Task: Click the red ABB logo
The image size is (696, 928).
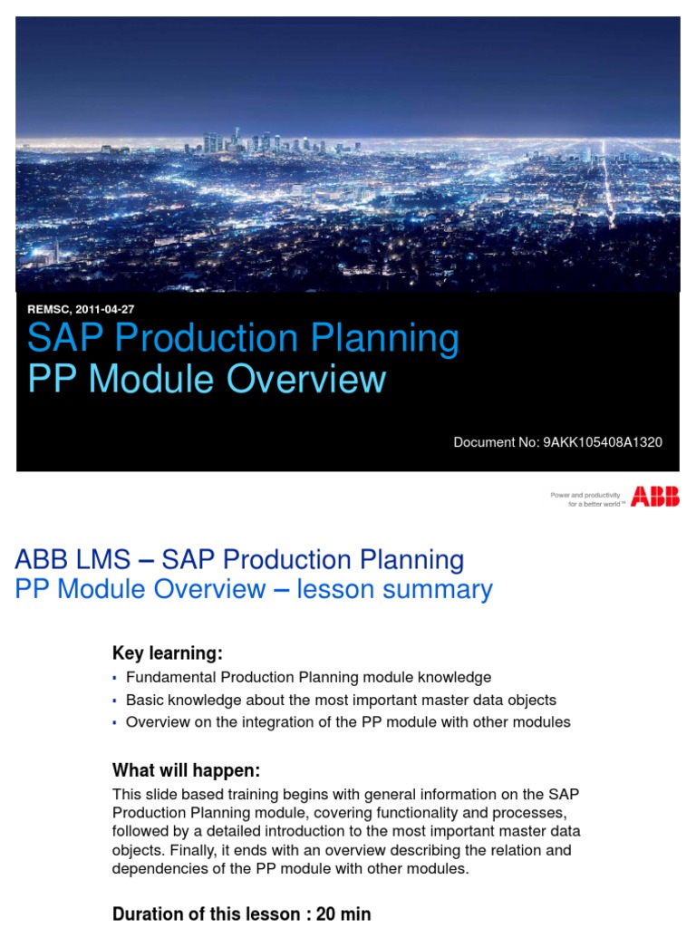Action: [x=654, y=496]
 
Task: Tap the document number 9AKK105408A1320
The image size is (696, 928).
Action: [x=602, y=442]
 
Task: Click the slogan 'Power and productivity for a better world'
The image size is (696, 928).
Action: [x=585, y=499]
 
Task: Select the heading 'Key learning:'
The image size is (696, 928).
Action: [x=167, y=653]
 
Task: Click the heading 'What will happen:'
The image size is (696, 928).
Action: [x=186, y=770]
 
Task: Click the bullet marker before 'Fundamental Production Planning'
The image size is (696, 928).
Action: [x=115, y=678]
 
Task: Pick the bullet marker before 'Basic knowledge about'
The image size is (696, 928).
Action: [x=115, y=701]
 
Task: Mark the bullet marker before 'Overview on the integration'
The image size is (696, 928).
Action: [x=115, y=723]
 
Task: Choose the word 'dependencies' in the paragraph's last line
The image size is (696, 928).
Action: [x=158, y=868]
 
